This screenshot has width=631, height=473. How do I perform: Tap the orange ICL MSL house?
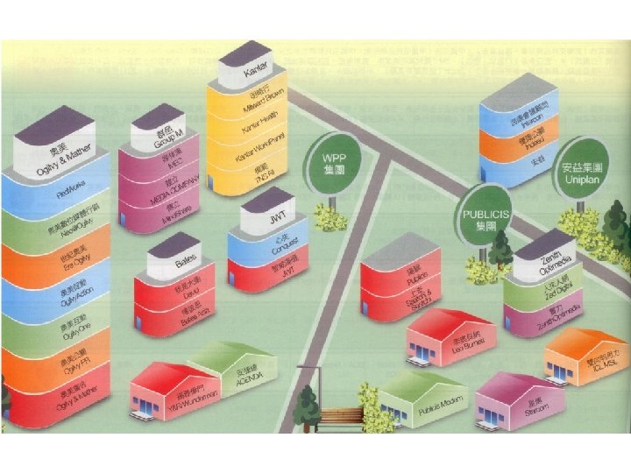[x=583, y=355]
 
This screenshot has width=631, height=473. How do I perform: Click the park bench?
[x=342, y=420]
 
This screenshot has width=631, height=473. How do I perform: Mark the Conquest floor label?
[x=280, y=246]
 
